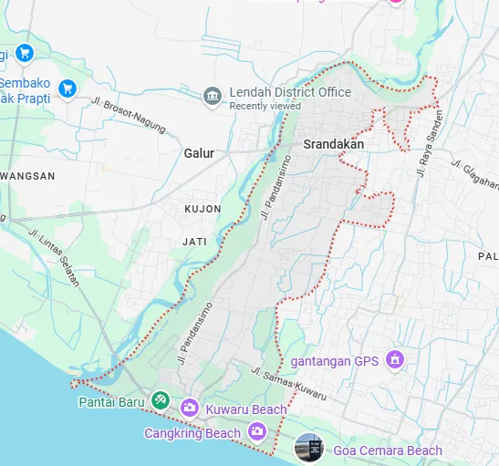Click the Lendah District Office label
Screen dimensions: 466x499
click(290, 92)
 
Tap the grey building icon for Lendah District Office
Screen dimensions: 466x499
click(212, 95)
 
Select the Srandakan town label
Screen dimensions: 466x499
click(333, 144)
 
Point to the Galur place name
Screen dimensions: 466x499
click(199, 153)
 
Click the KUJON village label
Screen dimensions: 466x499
click(202, 209)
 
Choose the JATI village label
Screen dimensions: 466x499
click(195, 242)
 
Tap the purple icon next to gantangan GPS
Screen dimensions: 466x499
click(394, 359)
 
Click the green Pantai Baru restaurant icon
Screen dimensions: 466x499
click(161, 400)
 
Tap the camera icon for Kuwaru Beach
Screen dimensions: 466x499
click(189, 408)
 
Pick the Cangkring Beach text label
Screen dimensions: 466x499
click(192, 433)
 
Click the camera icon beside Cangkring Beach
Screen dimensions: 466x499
click(258, 432)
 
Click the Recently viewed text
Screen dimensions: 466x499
click(265, 106)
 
